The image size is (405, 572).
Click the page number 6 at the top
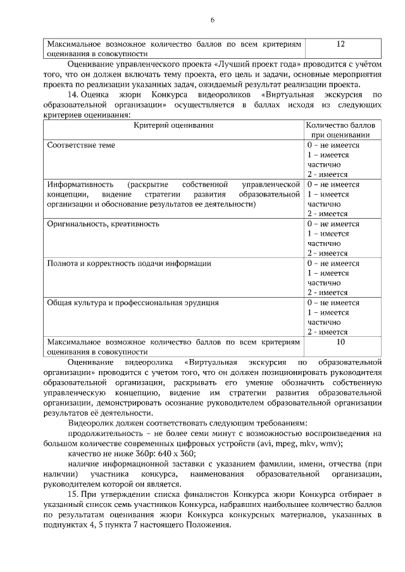point(213,20)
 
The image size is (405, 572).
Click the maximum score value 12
point(341,45)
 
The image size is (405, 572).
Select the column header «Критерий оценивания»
point(173,125)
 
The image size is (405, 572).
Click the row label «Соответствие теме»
point(81,145)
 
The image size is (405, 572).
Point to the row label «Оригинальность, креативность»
point(103,224)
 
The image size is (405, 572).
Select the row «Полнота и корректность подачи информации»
point(129,263)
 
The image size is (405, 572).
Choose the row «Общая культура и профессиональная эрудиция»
point(133,302)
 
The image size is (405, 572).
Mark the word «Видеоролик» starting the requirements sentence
point(89,423)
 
